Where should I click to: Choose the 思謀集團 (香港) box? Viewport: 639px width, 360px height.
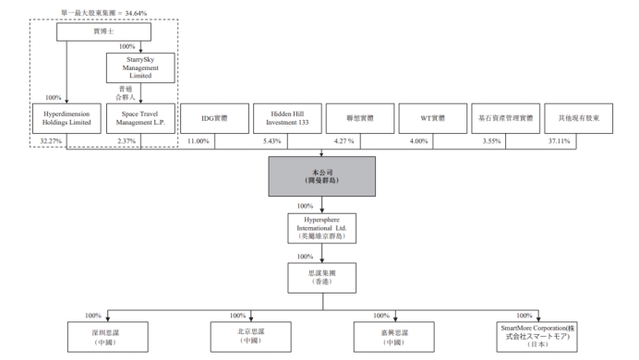[322, 277]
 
